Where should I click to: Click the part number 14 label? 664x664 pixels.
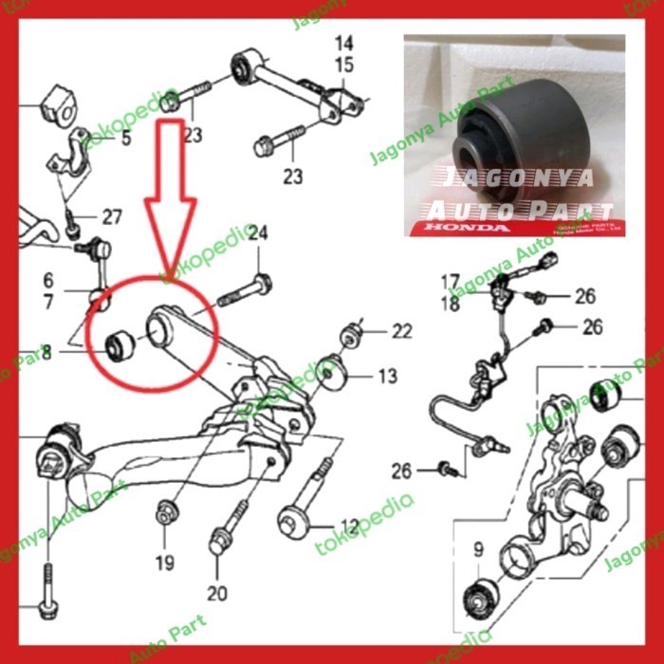click(x=342, y=43)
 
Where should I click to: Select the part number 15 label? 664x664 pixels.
click(x=342, y=65)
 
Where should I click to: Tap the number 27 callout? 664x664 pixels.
click(x=112, y=217)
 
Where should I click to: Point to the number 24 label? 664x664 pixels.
click(x=258, y=233)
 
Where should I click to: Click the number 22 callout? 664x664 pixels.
click(x=402, y=331)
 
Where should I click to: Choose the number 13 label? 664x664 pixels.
click(x=386, y=377)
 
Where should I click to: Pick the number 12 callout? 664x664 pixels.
click(x=349, y=525)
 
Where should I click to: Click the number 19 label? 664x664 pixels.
click(x=165, y=563)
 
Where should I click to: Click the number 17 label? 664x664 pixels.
click(x=450, y=281)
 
